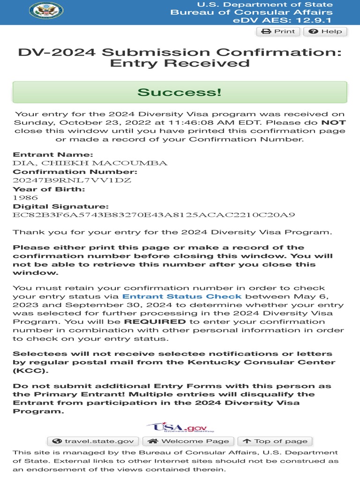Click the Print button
coord(278,31)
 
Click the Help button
coord(325,31)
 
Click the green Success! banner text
coord(180,92)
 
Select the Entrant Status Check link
coord(182,296)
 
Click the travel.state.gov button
coord(93,441)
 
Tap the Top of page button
coord(275,441)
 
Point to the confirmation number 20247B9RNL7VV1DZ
coord(72,180)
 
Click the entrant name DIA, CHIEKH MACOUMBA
coord(90,163)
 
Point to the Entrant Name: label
coord(53,155)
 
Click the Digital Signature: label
coord(60,206)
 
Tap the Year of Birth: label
coord(49,189)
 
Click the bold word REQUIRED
coord(155,322)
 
